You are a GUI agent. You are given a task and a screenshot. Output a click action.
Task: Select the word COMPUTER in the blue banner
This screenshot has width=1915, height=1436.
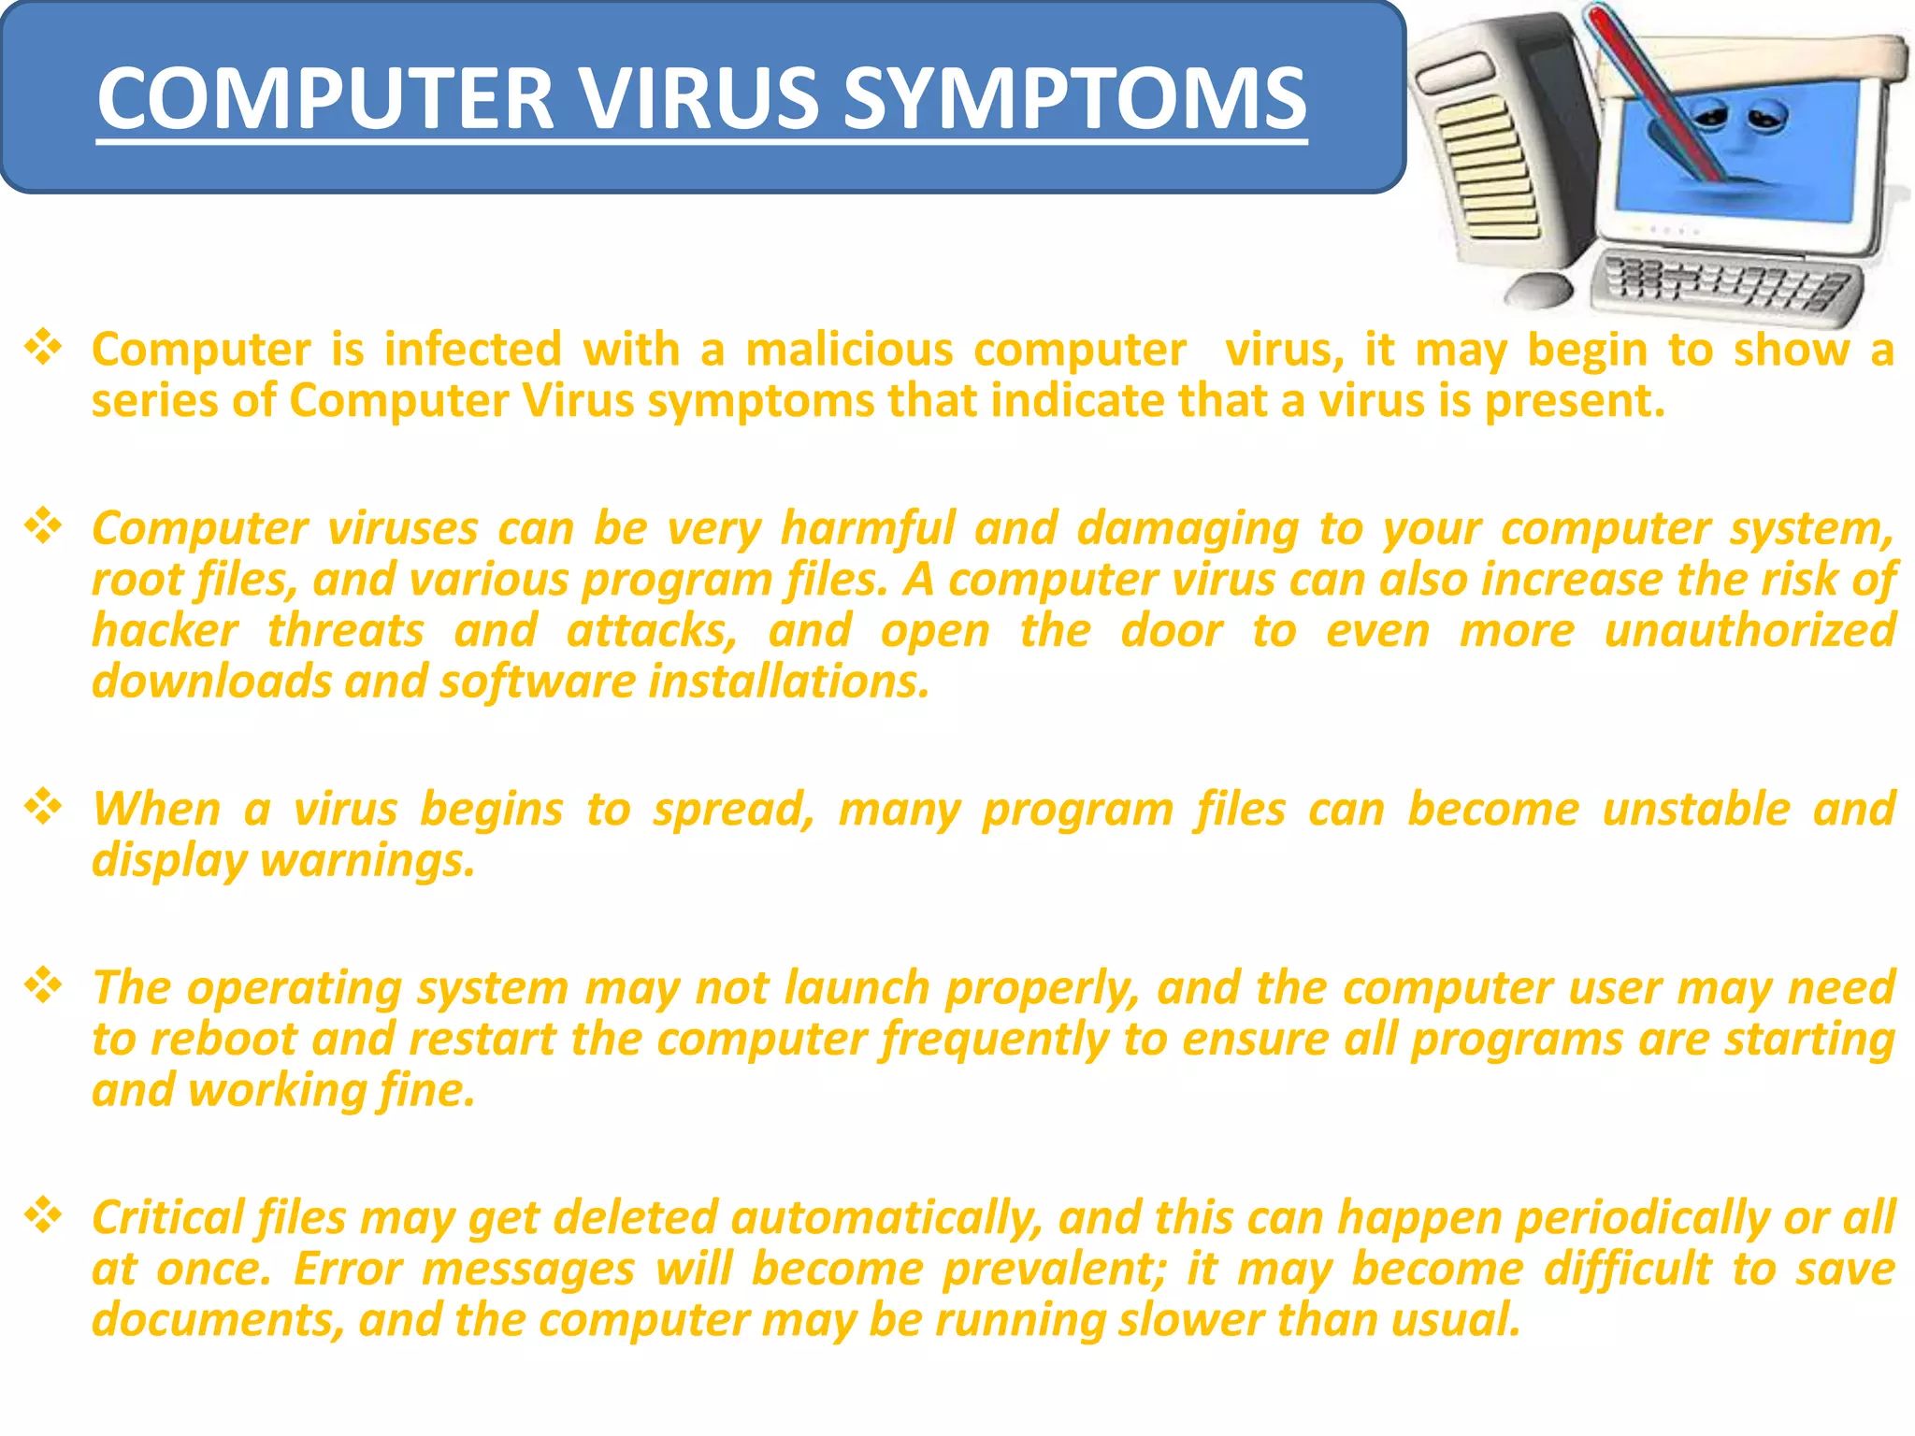pos(325,99)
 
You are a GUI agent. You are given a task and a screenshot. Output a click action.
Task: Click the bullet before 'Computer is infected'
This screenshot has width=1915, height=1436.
pos(43,348)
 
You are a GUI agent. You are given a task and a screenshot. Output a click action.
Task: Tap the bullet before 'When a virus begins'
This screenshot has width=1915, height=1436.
pos(43,807)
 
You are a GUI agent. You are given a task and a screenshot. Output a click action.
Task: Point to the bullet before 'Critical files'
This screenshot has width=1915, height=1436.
pos(43,1215)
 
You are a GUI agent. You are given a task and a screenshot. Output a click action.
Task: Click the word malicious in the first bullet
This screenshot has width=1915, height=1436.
pos(849,350)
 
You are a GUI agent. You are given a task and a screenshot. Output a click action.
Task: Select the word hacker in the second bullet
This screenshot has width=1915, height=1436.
pos(165,630)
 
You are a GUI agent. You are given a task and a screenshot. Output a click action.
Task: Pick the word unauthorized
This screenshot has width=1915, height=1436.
pos(1749,630)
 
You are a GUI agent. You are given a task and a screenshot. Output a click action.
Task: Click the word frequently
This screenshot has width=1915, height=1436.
pos(994,1040)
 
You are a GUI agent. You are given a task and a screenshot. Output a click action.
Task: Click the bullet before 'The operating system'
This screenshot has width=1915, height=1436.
pos(43,985)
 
